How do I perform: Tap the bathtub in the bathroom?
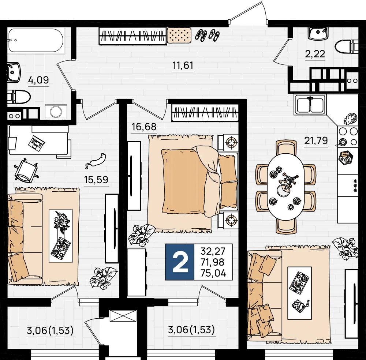point(36,41)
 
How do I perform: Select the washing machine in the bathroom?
point(56,112)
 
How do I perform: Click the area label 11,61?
point(183,65)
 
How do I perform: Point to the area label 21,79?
point(316,141)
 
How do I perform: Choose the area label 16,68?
point(144,127)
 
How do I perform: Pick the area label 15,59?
point(96,180)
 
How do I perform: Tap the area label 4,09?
point(38,80)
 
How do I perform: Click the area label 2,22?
point(315,54)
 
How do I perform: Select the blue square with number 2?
point(180,262)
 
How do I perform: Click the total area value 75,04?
point(213,273)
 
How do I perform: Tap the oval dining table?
point(285,186)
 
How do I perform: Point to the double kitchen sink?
point(310,105)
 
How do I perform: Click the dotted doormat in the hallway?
point(179,35)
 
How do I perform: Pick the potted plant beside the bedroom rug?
point(141,235)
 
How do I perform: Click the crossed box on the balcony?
point(123,316)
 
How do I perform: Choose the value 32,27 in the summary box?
point(213,251)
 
